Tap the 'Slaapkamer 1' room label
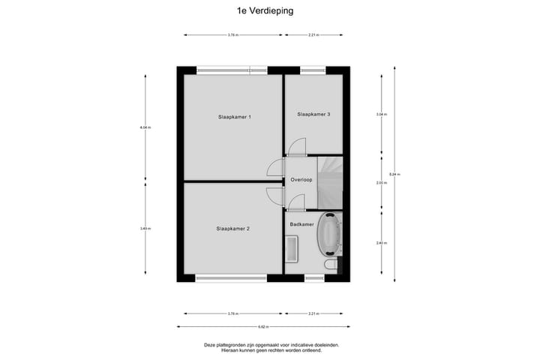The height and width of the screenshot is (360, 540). (234, 117)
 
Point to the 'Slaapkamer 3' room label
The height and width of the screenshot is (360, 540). (313, 114)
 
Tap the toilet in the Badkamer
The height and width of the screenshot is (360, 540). (330, 266)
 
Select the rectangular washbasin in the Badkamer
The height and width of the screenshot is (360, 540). (292, 248)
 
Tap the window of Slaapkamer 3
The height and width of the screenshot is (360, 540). (313, 71)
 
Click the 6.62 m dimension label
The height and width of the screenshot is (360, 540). (261, 326)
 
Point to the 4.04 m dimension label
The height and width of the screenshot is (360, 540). (145, 127)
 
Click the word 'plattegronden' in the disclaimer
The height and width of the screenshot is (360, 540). (232, 344)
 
